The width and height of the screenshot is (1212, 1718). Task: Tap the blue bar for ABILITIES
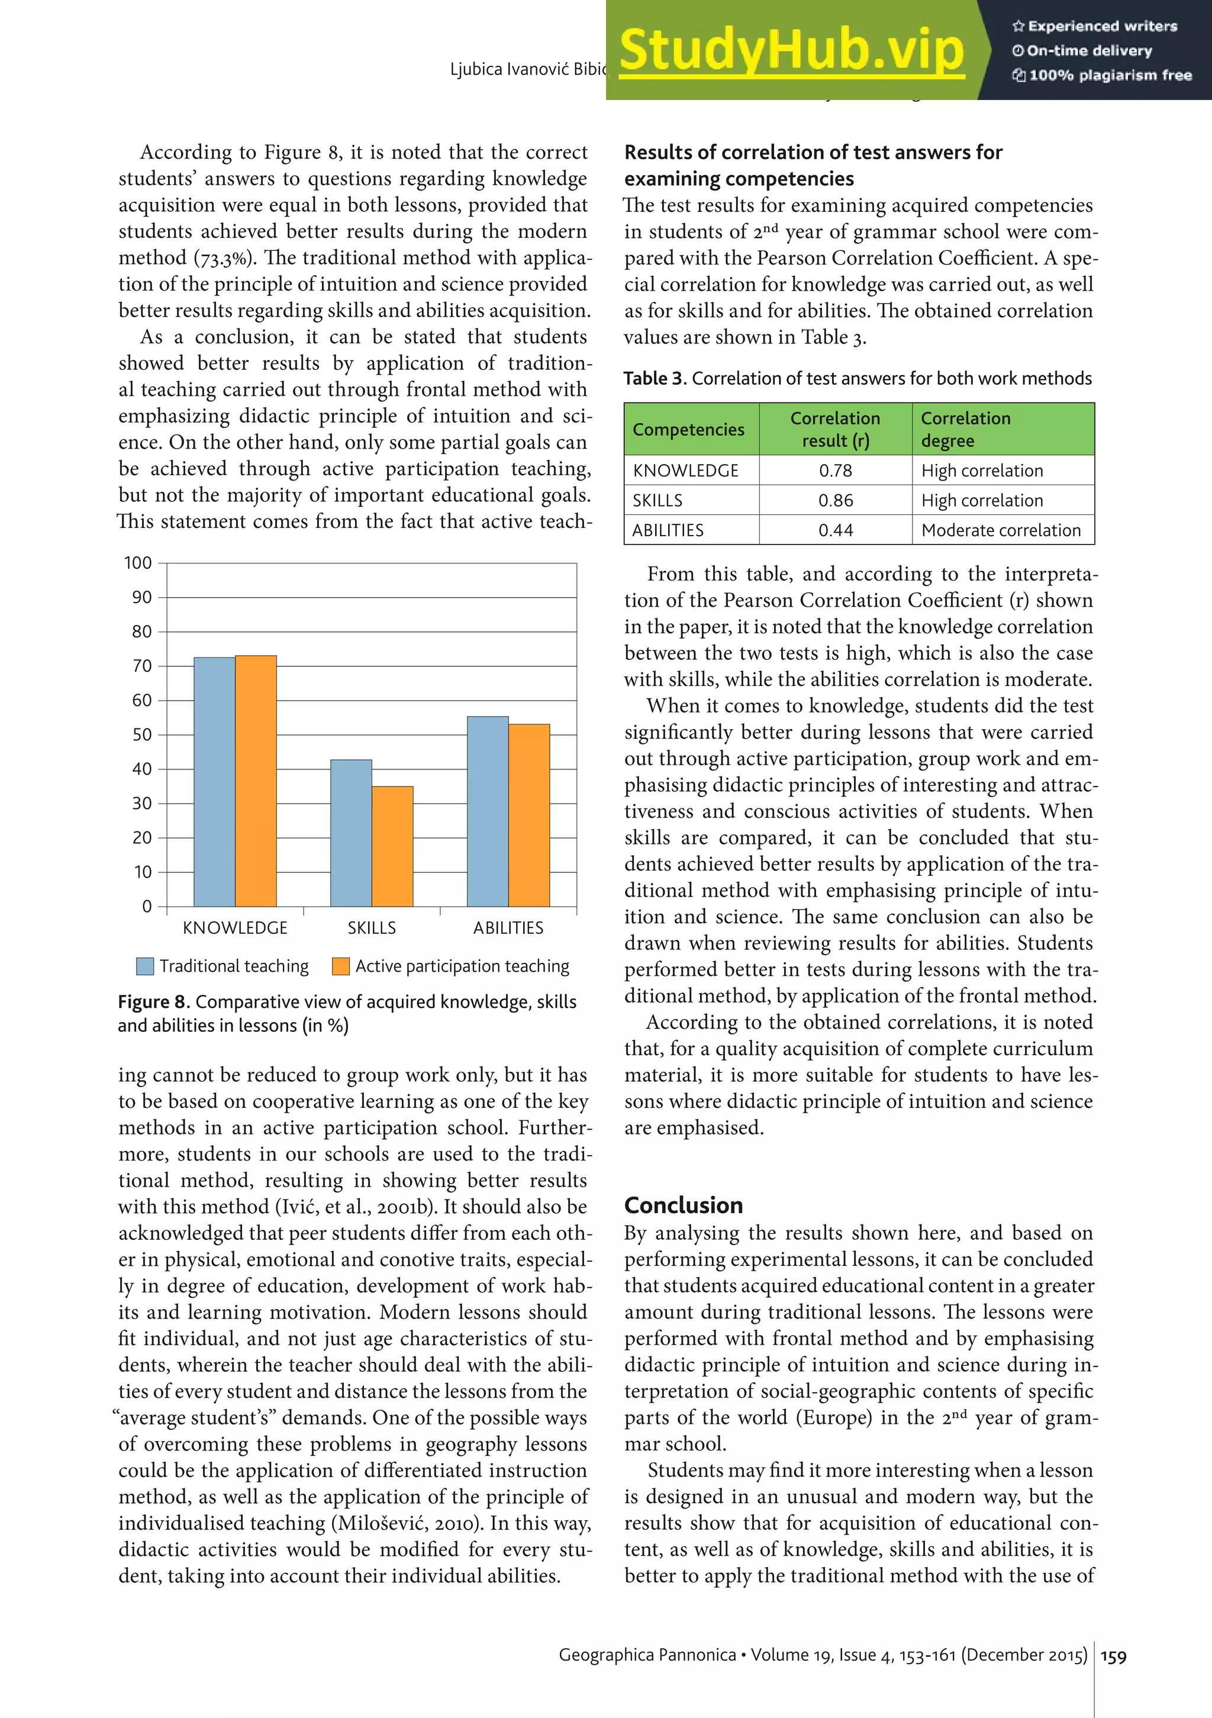tap(487, 811)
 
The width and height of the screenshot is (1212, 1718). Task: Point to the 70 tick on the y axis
tap(142, 666)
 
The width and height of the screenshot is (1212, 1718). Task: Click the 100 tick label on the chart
tap(138, 563)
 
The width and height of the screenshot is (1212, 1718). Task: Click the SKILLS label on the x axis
tap(371, 928)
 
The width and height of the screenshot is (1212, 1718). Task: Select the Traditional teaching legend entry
tap(223, 966)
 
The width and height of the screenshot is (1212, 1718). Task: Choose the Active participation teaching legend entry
tap(451, 966)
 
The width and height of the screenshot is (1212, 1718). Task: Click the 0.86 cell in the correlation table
tap(835, 500)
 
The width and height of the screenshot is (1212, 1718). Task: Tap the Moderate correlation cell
tap(1000, 530)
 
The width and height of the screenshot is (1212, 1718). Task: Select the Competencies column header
tap(688, 430)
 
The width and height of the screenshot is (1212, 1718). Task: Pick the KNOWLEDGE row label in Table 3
tap(685, 470)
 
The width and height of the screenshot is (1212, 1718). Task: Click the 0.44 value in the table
tap(835, 530)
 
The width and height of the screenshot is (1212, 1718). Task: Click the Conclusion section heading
tap(683, 1205)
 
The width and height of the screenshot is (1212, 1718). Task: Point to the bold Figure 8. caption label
tap(153, 1002)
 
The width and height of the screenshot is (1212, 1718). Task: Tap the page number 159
tap(1113, 1656)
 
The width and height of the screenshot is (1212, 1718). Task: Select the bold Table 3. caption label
tap(655, 379)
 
